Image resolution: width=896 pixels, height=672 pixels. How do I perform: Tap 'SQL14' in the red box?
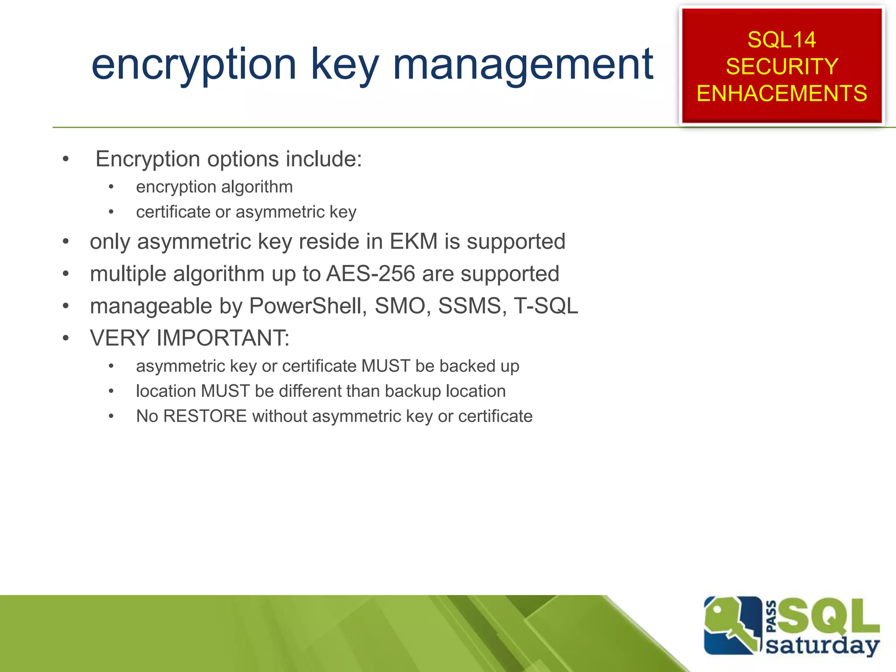781,40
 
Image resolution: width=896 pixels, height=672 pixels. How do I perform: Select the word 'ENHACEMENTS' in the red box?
781,94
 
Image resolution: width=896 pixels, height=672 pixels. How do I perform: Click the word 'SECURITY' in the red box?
781,66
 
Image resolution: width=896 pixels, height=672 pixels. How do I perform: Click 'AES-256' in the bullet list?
371,274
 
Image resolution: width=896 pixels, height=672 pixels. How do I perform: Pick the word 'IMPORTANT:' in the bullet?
223,338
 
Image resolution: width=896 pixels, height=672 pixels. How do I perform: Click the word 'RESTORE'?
205,416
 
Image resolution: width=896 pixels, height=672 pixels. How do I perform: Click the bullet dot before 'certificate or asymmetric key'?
111,212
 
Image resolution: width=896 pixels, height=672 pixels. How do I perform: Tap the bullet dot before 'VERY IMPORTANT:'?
66,338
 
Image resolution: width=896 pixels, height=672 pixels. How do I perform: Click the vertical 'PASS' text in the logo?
771,616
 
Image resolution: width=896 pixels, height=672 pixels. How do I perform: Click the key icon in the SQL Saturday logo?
731,626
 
